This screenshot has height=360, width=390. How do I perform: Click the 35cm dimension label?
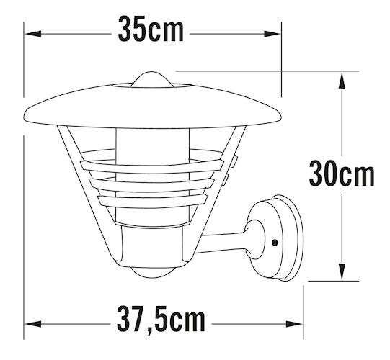click(151, 29)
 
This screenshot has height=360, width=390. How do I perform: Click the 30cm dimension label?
click(342, 174)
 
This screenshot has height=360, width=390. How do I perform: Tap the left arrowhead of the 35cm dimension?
click(33, 34)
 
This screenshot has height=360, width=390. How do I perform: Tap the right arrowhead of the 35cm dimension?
click(272, 34)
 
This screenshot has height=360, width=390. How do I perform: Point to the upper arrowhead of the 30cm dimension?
click(342, 80)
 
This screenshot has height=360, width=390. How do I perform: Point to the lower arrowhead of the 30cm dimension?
click(342, 272)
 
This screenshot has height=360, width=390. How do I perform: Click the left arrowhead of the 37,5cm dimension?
click(33, 324)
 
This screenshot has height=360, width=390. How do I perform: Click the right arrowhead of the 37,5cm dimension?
click(294, 324)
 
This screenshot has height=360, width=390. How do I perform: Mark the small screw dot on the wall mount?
click(275, 243)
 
